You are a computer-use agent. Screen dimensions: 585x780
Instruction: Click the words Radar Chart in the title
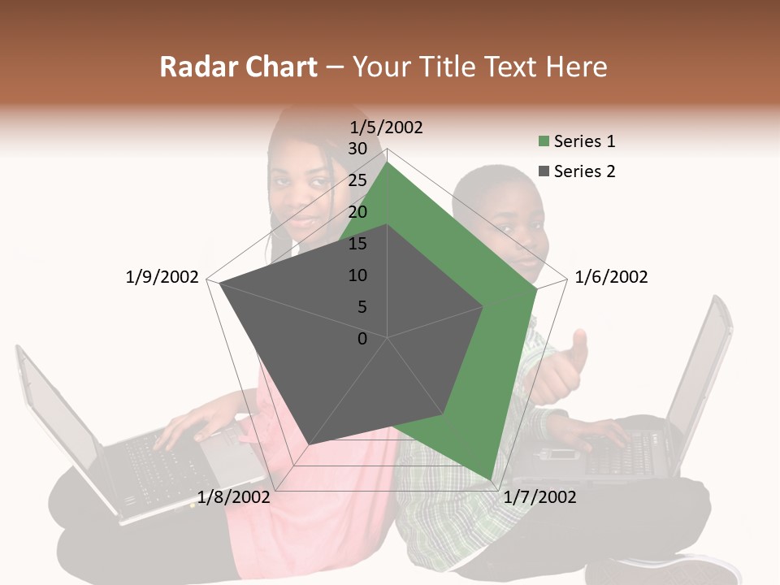(238, 67)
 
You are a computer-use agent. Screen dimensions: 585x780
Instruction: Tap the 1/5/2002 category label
(387, 128)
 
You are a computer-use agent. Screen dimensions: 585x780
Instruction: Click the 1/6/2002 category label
(611, 278)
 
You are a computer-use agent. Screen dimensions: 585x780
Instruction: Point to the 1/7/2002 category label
(539, 497)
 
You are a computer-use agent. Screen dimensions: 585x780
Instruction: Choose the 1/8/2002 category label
(234, 497)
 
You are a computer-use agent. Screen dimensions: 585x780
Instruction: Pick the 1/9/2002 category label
(162, 278)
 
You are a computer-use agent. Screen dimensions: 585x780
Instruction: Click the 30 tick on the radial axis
(357, 149)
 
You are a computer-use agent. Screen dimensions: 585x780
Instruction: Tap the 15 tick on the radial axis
(357, 244)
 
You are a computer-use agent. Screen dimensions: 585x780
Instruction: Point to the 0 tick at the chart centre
(362, 339)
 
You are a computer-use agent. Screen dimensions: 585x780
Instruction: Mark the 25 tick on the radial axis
(357, 180)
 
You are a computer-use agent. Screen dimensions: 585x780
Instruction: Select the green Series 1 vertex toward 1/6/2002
(537, 288)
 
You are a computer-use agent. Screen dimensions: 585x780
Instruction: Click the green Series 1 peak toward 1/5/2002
(388, 162)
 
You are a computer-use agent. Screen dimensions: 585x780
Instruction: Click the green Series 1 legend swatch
(543, 142)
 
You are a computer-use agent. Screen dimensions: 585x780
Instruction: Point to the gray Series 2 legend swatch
(543, 171)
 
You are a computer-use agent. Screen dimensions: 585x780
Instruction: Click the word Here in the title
(576, 67)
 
